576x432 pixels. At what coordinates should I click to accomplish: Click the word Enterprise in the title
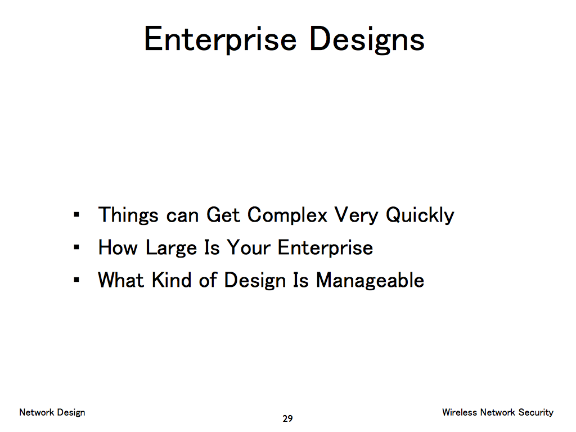[220, 39]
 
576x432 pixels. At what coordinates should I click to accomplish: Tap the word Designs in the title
[367, 39]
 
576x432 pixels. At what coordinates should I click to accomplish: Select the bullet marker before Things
[76, 214]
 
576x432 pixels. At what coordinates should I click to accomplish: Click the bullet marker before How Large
[76, 247]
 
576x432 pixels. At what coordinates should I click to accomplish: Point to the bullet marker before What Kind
[76, 280]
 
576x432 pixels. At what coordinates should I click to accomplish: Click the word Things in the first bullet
[128, 215]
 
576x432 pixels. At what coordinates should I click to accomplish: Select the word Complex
[287, 215]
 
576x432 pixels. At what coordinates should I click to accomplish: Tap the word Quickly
[420, 215]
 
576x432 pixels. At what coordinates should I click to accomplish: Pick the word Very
[356, 215]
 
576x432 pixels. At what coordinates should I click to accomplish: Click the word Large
[171, 247]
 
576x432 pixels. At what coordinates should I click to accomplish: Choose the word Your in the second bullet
[249, 247]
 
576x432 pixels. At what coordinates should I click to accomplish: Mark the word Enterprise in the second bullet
[325, 247]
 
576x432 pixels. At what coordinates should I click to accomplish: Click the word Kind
[172, 280]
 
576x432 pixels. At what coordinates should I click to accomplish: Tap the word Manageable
[370, 280]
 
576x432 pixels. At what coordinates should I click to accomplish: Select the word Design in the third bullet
[255, 280]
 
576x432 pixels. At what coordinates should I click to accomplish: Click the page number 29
[287, 418]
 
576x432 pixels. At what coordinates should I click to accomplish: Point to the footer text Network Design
[52, 412]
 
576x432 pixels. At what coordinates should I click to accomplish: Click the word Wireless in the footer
[460, 412]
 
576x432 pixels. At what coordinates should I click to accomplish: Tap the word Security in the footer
[536, 412]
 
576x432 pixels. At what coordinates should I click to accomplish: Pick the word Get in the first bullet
[223, 215]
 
